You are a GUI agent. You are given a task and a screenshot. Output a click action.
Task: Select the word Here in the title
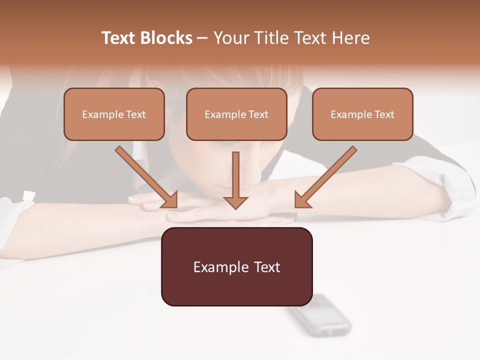tap(350, 38)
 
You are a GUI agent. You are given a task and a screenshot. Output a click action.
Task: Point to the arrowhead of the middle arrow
tap(235, 202)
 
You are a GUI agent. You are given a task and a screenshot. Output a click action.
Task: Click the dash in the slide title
tap(202, 38)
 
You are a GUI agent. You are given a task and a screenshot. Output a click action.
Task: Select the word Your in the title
tap(228, 38)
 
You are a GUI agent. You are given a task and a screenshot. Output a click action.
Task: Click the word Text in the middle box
tap(258, 114)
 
